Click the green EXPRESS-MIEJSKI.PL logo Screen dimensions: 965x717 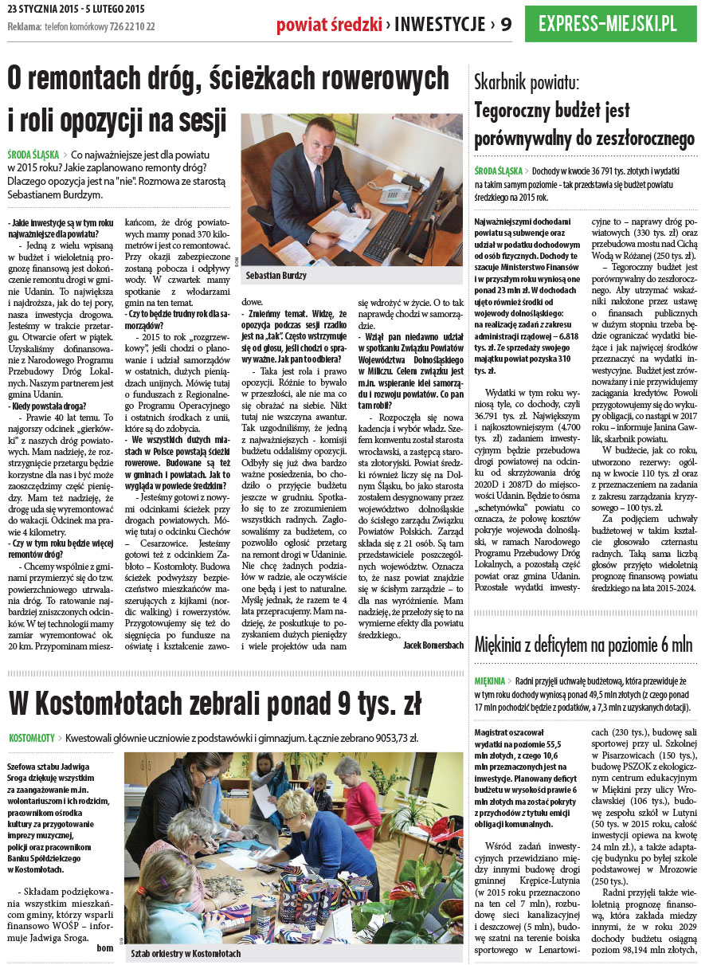(x=608, y=24)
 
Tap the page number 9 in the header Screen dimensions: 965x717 (x=504, y=25)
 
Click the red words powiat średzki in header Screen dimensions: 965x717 (x=329, y=25)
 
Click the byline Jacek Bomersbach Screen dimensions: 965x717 (x=433, y=645)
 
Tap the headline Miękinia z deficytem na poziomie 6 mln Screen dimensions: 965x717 (x=583, y=645)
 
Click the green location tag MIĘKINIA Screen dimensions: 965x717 (x=489, y=681)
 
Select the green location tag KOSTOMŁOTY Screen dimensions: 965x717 (x=32, y=738)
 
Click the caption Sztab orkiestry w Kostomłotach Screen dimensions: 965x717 (x=186, y=953)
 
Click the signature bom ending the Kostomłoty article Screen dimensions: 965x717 (x=104, y=947)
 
